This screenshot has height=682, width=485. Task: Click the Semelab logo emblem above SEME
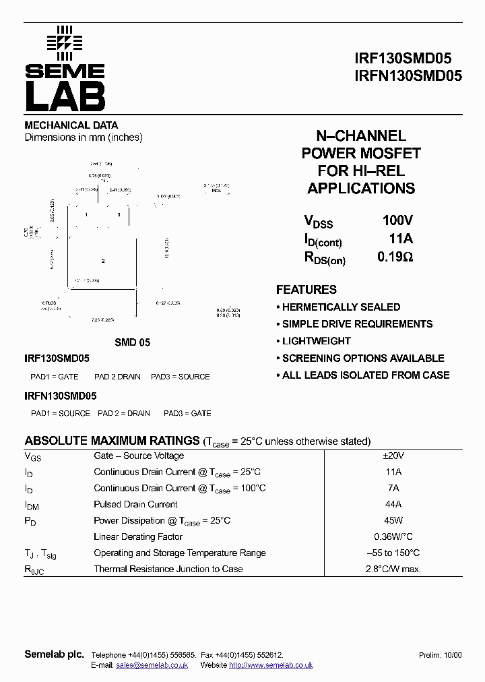[x=64, y=42]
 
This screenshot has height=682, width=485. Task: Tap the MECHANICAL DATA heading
[x=71, y=125]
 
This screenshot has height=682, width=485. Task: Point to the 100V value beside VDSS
[x=397, y=220]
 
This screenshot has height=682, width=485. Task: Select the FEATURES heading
[x=306, y=290]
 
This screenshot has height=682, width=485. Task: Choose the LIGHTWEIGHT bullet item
[x=316, y=341]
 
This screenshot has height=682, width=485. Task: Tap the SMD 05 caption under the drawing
[x=132, y=342]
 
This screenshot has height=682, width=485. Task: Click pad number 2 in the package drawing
[x=103, y=261]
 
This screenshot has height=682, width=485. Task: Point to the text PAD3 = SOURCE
[x=181, y=377]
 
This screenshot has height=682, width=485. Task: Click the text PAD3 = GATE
[x=187, y=413]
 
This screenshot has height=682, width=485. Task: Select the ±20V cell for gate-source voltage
[x=393, y=456]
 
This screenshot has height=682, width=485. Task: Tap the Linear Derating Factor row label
[x=138, y=537]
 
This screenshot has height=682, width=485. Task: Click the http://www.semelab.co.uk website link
[x=271, y=665]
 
